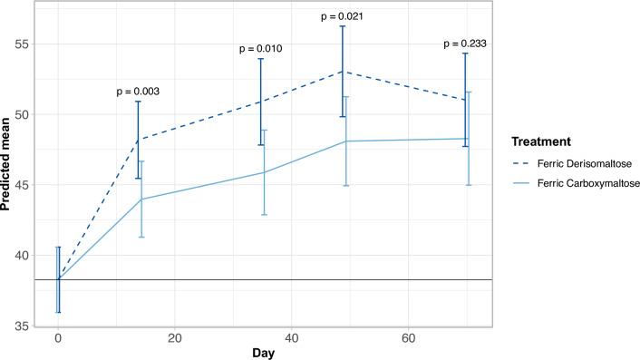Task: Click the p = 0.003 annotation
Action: pyautogui.click(x=138, y=92)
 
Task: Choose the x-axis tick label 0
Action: pyautogui.click(x=58, y=339)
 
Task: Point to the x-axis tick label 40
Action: pyautogui.click(x=291, y=339)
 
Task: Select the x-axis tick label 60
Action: pyautogui.click(x=407, y=339)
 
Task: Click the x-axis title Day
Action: pyautogui.click(x=263, y=353)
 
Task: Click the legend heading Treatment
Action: pyautogui.click(x=539, y=142)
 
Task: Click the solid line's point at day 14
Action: pyautogui.click(x=140, y=199)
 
